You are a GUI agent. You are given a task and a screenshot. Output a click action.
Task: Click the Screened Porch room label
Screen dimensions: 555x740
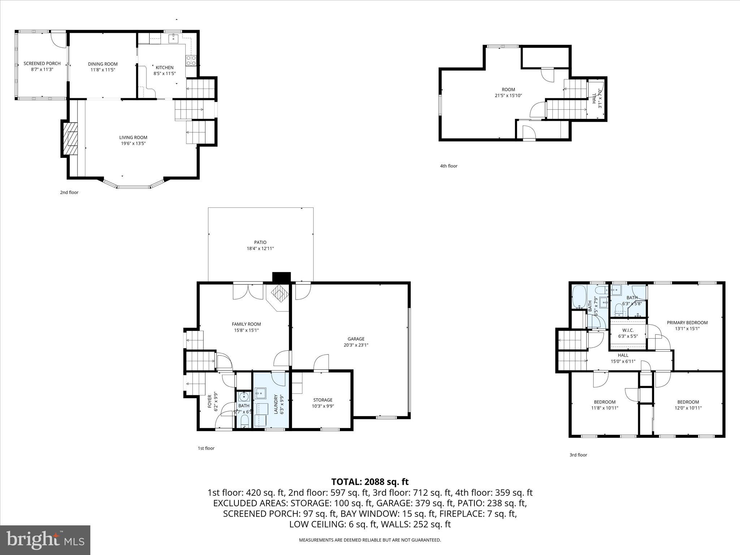pyautogui.click(x=42, y=64)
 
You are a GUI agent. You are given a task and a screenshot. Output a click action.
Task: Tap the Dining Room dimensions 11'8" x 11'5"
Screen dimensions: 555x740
pyautogui.click(x=103, y=70)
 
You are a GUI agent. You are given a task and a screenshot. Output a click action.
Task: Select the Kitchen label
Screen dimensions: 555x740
pyautogui.click(x=164, y=68)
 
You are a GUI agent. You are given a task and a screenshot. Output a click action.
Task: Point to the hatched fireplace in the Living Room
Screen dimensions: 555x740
pyautogui.click(x=71, y=138)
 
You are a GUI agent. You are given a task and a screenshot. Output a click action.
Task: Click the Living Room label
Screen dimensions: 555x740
pyautogui.click(x=133, y=137)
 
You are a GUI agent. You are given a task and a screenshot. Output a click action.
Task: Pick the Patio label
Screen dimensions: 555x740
pyautogui.click(x=260, y=242)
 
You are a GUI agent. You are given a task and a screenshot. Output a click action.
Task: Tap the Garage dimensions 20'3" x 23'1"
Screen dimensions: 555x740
pyautogui.click(x=356, y=345)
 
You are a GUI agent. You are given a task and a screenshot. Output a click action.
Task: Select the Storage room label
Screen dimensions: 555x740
pyautogui.click(x=323, y=400)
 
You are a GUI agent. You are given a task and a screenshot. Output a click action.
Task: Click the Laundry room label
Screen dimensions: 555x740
pyautogui.click(x=276, y=404)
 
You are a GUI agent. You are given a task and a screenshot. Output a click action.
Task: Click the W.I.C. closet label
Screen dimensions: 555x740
pyautogui.click(x=628, y=330)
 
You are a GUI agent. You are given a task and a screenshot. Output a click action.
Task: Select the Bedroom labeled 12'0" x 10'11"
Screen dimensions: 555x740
pyautogui.click(x=688, y=402)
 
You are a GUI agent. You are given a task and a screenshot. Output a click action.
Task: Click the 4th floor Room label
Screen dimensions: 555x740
pyautogui.click(x=508, y=90)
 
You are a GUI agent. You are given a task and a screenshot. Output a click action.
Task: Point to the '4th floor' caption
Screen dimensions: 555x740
pyautogui.click(x=448, y=166)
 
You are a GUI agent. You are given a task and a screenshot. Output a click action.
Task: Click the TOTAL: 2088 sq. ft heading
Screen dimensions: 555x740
pyautogui.click(x=370, y=482)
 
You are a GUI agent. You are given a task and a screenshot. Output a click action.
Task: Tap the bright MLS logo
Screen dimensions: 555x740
pyautogui.click(x=45, y=540)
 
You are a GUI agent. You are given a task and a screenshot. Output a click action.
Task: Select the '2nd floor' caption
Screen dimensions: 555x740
pyautogui.click(x=69, y=193)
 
